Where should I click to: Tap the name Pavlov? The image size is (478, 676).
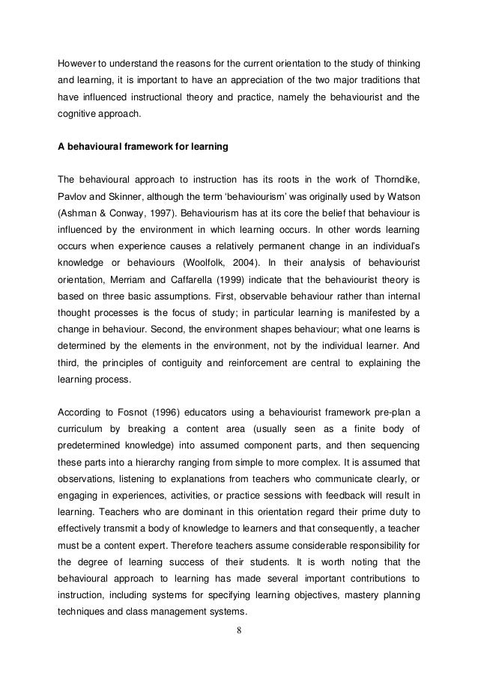pyautogui.click(x=73, y=196)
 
